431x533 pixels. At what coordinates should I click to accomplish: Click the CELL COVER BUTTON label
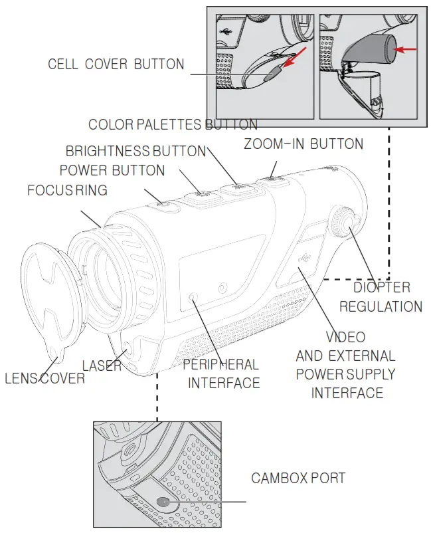tap(116, 64)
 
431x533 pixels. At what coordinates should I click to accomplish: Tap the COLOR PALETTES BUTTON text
tap(173, 125)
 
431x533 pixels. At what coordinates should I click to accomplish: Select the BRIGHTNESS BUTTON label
tap(135, 152)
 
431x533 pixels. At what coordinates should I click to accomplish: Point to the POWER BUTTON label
tap(112, 171)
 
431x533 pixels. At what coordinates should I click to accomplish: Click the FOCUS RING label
tap(67, 191)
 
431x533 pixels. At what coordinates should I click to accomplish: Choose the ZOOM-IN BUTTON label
tap(303, 144)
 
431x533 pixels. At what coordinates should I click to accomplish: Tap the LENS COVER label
tap(45, 378)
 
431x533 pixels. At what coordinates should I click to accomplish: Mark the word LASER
tap(102, 366)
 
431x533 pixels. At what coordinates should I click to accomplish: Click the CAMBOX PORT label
tap(298, 479)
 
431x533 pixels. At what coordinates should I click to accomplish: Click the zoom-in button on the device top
tap(272, 179)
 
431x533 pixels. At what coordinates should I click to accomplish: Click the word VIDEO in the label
tap(345, 337)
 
